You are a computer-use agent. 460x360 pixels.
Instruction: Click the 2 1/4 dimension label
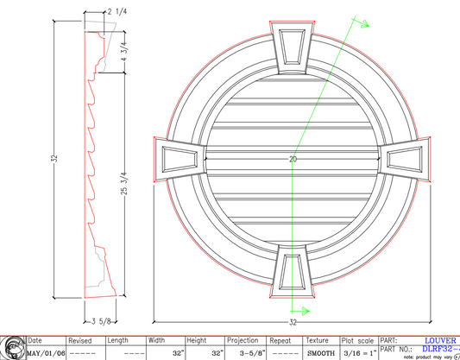coord(117,10)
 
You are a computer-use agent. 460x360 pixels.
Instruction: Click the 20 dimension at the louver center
coord(293,161)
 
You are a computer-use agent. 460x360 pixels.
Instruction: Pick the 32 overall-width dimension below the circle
coord(293,322)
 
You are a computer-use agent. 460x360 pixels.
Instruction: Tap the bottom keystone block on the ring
coord(293,272)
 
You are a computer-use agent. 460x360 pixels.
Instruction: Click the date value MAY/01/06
coord(45,353)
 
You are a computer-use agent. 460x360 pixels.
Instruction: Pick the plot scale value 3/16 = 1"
coord(358,353)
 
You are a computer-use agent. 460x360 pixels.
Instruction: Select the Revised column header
coord(81,341)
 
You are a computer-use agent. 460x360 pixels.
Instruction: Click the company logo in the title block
coord(12,347)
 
